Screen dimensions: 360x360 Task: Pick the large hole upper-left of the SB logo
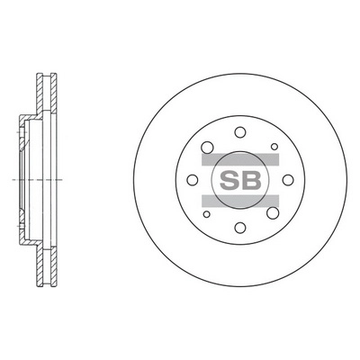coord(207,146)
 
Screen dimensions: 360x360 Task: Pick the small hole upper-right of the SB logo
coord(274,144)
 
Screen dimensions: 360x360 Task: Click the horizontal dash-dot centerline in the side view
coord(27,179)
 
